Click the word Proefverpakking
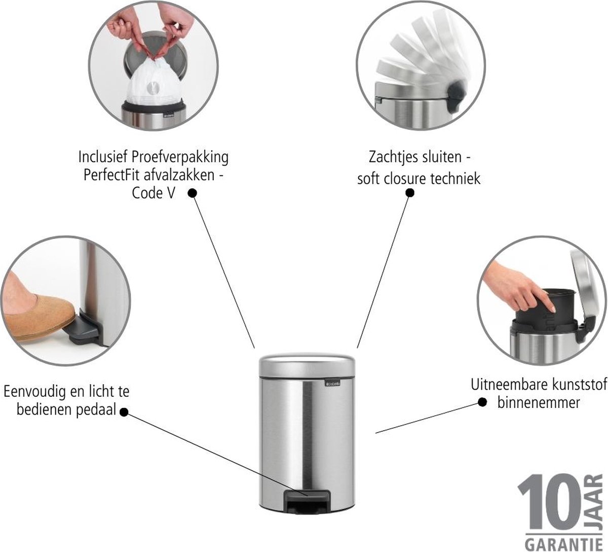click(180, 157)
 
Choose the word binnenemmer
click(539, 403)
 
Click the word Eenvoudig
click(35, 392)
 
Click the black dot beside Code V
click(192, 193)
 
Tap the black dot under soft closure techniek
click(410, 193)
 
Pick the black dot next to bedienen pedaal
click(124, 412)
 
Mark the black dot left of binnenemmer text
click(482, 402)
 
